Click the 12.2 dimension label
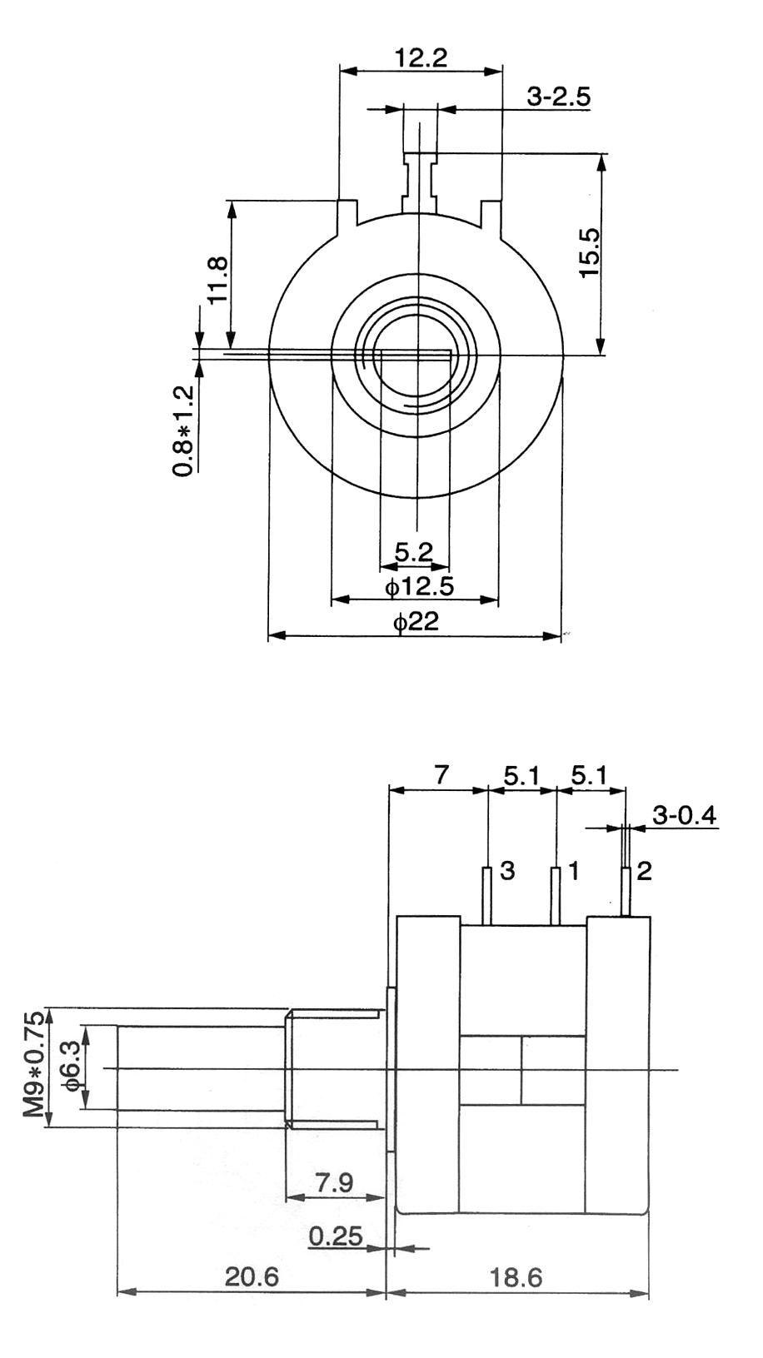(x=421, y=58)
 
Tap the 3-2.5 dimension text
(x=559, y=97)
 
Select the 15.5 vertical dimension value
(x=590, y=253)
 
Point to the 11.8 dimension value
(x=217, y=280)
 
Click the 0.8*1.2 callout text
(x=183, y=431)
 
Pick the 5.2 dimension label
(x=414, y=552)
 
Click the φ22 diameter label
(x=416, y=622)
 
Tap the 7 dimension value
(x=441, y=775)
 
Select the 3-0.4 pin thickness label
(x=685, y=815)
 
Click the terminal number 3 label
(x=507, y=871)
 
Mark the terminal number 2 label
(x=644, y=871)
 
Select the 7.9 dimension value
(x=335, y=1182)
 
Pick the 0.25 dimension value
(x=336, y=1236)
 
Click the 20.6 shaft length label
(x=252, y=1277)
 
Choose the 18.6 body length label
(x=516, y=1278)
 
